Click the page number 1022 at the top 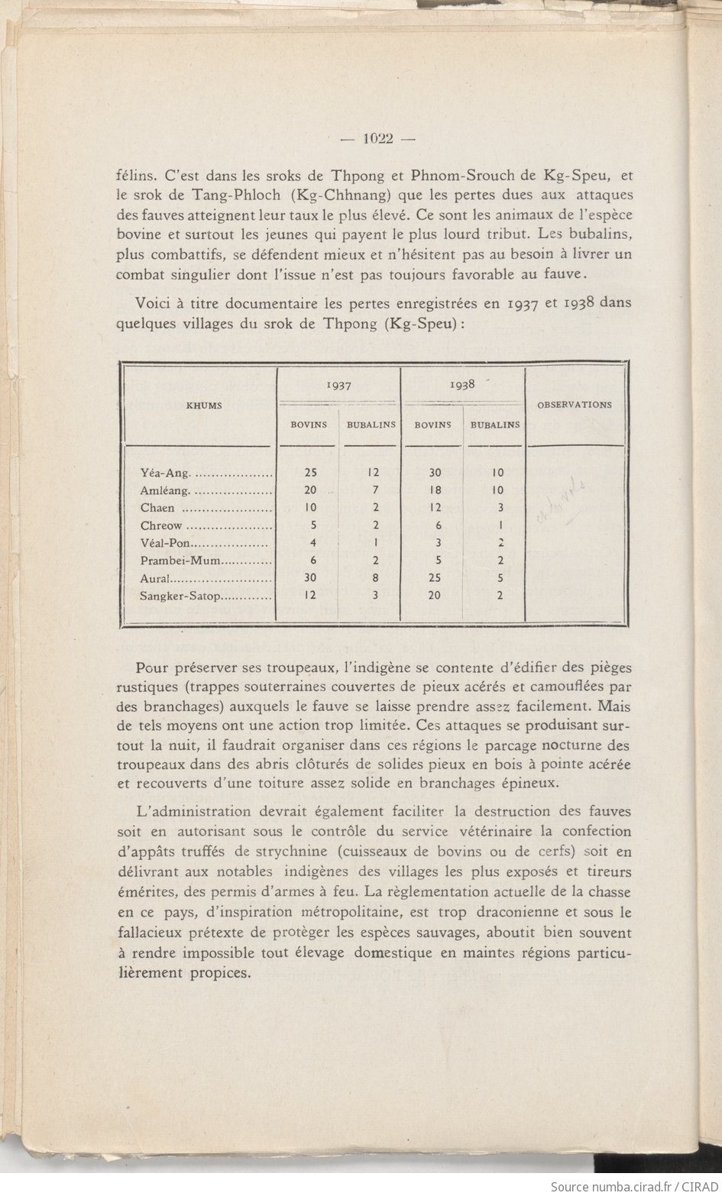377,138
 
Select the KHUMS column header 204,406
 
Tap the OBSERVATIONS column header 575,405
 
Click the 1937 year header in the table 338,386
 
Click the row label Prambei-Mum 180,561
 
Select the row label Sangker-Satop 180,596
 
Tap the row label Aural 157,578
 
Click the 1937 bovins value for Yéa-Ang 310,473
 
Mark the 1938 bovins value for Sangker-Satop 434,596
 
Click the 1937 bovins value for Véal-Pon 310,543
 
